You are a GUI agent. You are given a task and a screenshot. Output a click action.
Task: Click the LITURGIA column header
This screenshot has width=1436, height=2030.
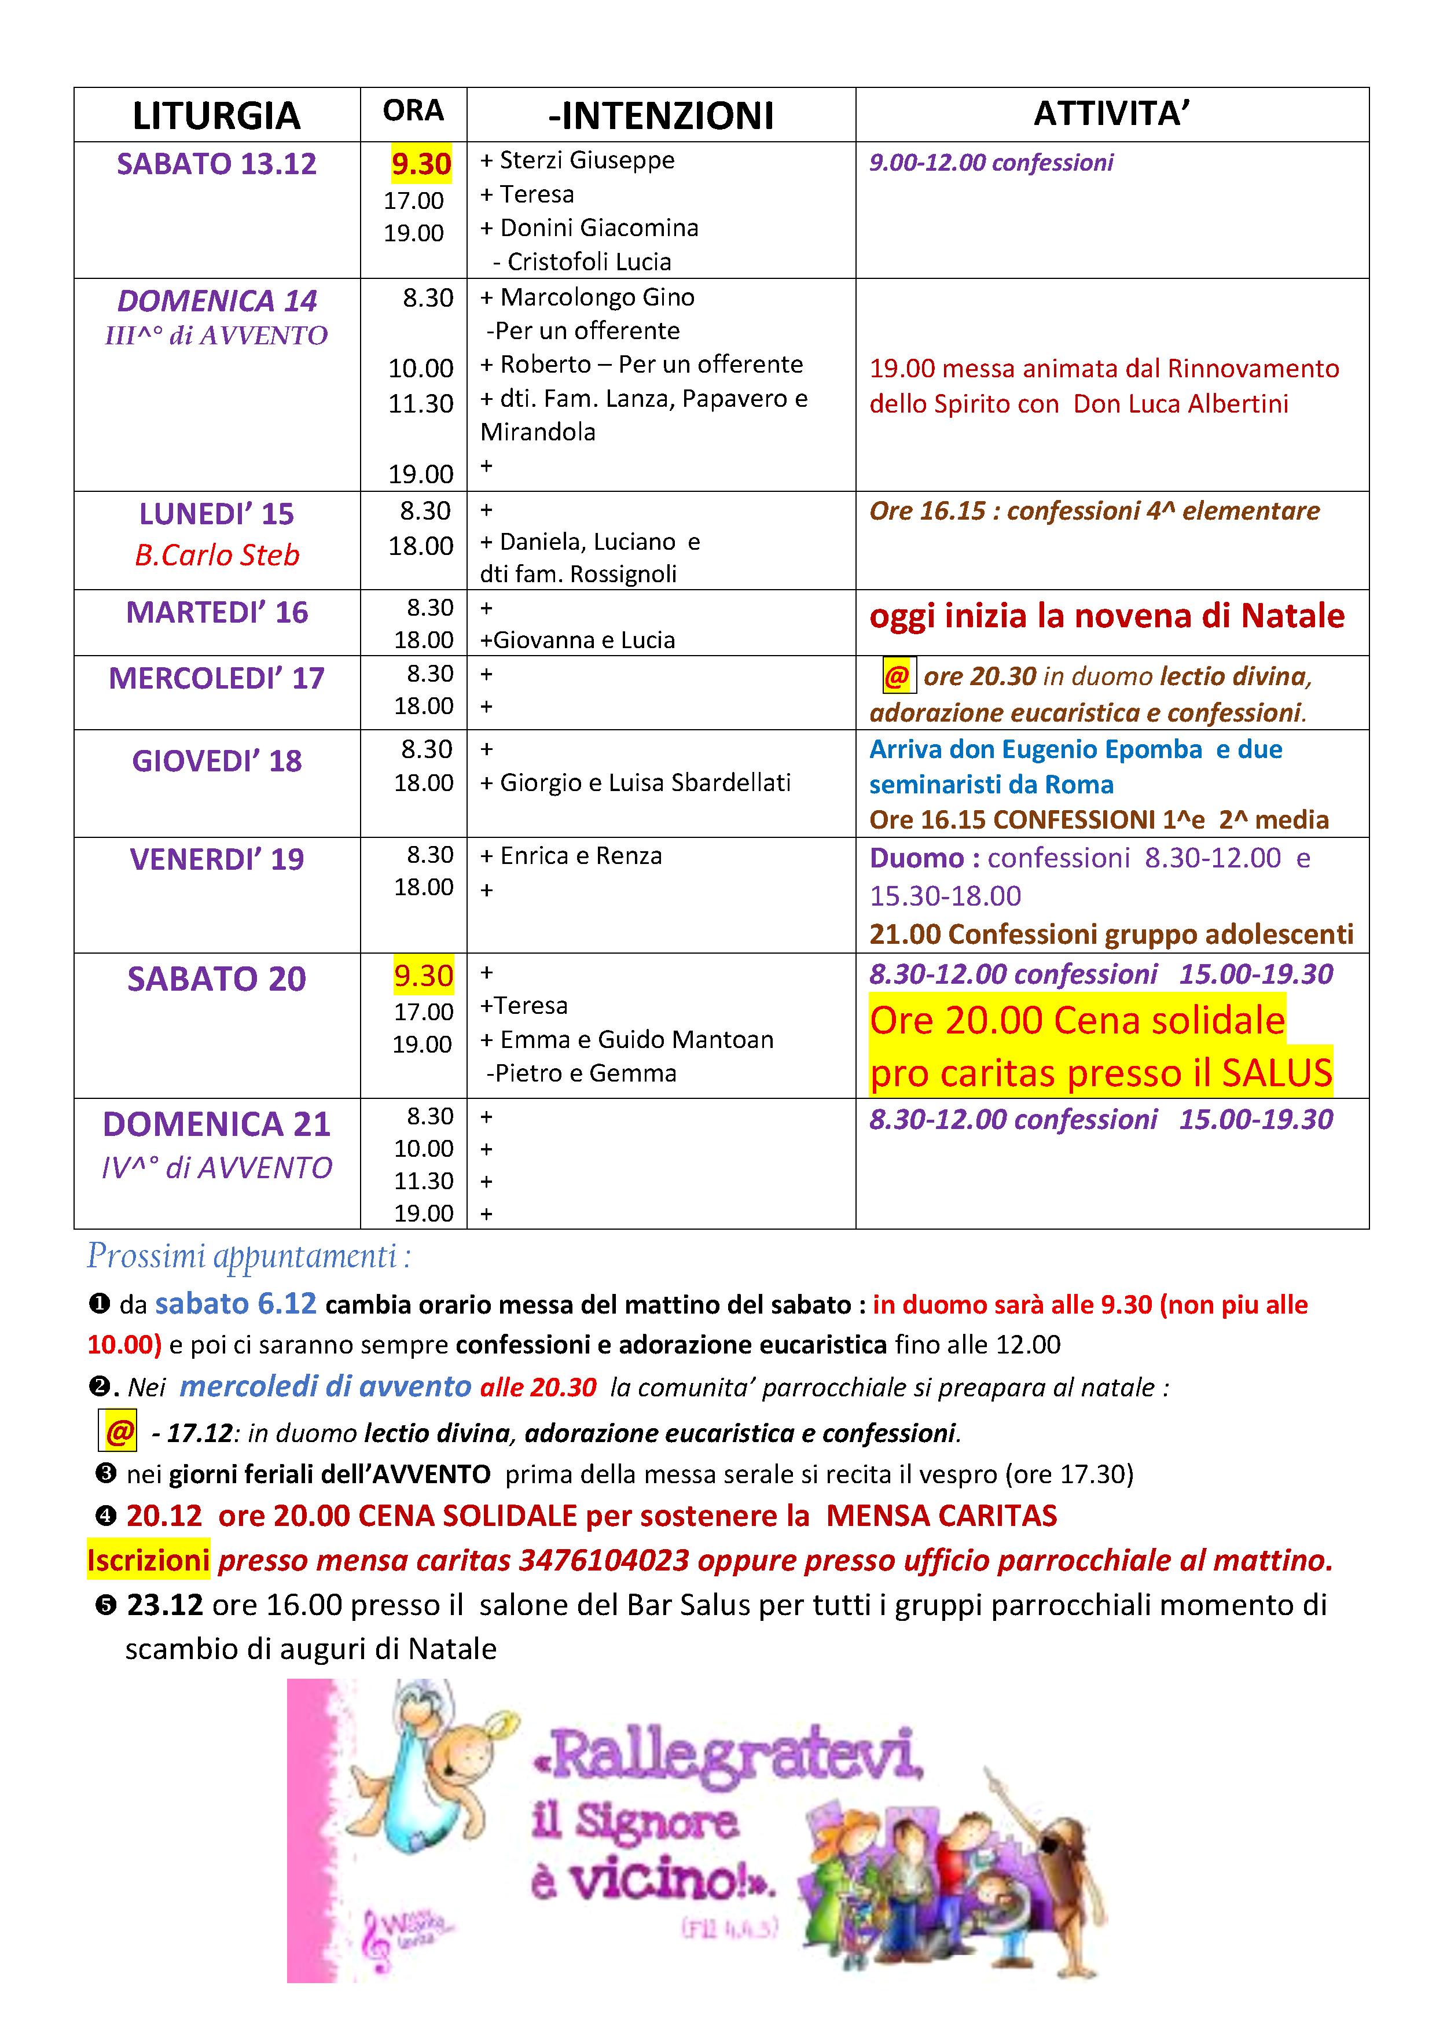pyautogui.click(x=216, y=116)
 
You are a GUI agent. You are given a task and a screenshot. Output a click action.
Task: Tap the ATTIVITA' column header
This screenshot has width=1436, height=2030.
pyautogui.click(x=1111, y=113)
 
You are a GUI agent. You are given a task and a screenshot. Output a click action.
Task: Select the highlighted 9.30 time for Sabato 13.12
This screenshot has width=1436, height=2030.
pyautogui.click(x=421, y=164)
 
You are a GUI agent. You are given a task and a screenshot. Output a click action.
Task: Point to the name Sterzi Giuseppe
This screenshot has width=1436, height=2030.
pyautogui.click(x=586, y=160)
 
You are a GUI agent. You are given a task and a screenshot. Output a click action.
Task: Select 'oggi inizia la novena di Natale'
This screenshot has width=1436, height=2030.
pyautogui.click(x=1106, y=616)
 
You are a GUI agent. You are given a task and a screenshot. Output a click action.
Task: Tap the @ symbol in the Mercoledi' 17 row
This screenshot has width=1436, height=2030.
pyautogui.click(x=897, y=677)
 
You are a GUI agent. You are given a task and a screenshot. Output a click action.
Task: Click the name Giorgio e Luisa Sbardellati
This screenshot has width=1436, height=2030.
pyautogui.click(x=645, y=782)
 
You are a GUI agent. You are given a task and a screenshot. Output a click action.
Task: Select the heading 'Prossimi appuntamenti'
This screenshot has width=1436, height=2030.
pyautogui.click(x=248, y=1256)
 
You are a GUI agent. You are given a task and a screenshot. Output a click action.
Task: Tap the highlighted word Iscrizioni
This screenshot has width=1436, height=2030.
pyautogui.click(x=148, y=1560)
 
